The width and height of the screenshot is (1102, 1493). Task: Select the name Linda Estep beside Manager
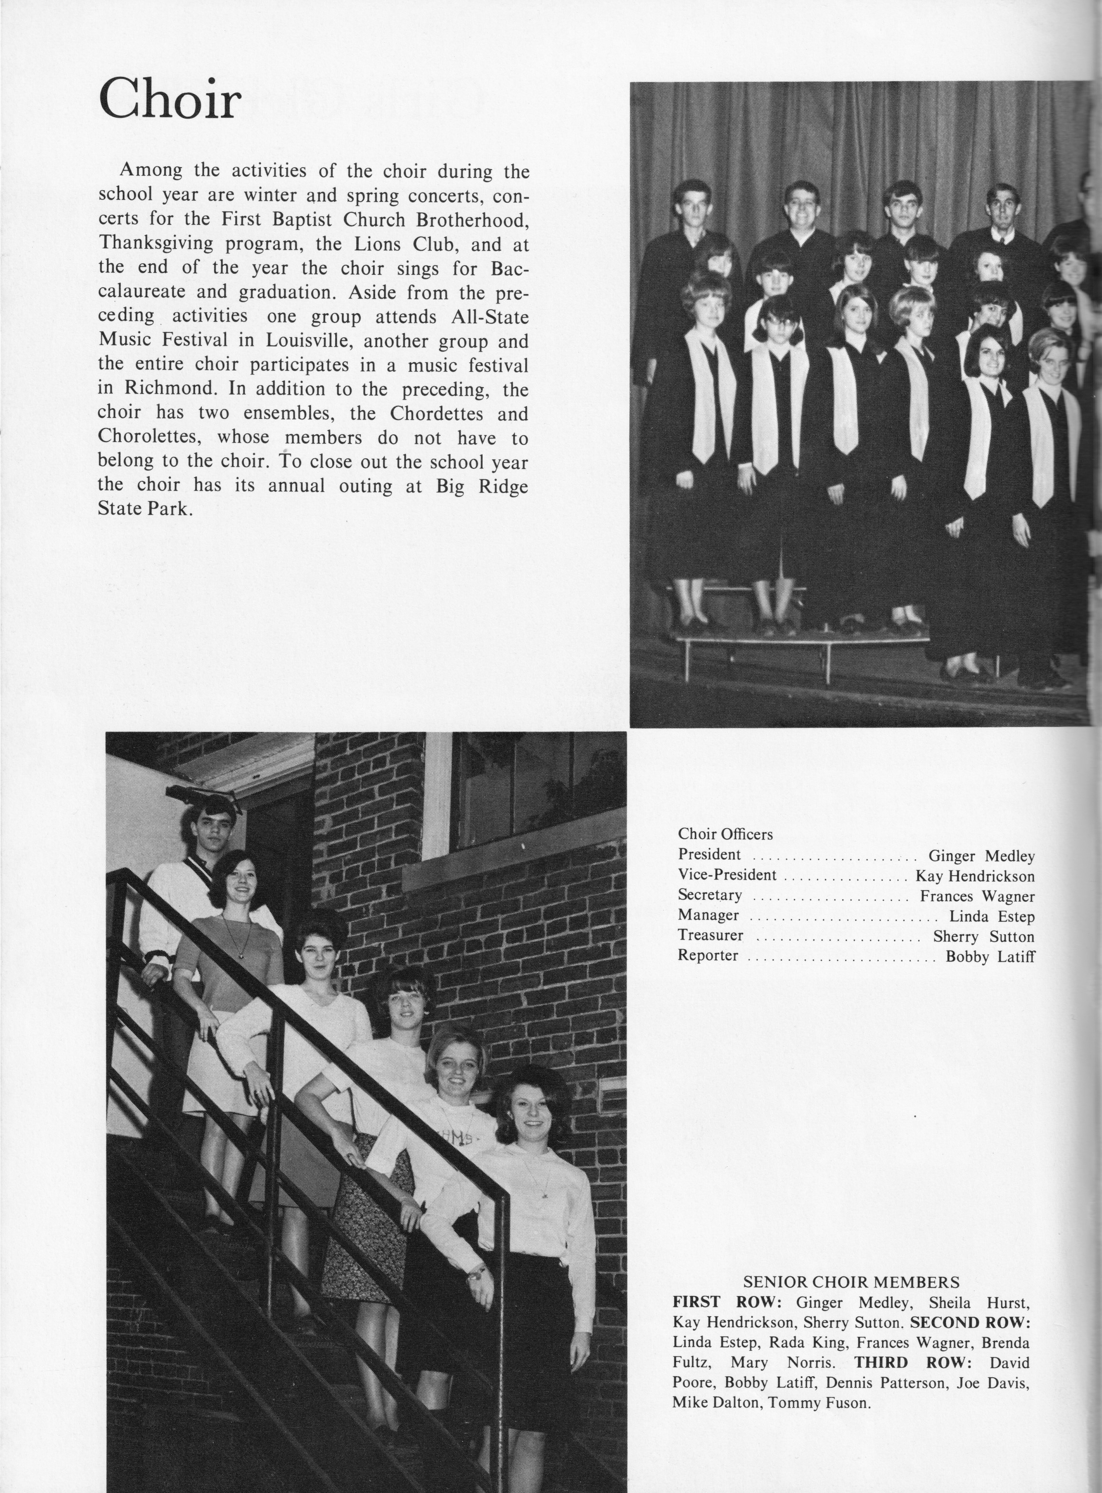(x=992, y=917)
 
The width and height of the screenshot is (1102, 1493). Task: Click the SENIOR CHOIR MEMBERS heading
(x=851, y=1282)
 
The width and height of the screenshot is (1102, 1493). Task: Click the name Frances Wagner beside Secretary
(x=977, y=896)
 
